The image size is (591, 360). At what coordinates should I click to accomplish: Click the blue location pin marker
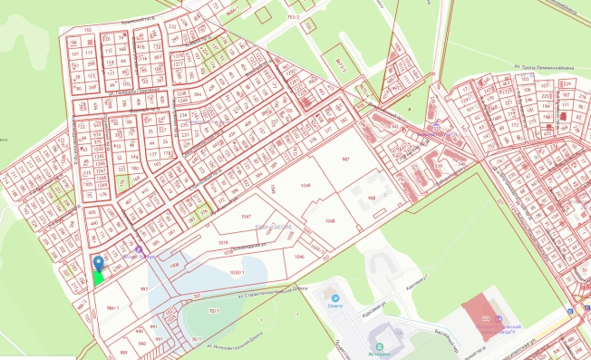(x=98, y=264)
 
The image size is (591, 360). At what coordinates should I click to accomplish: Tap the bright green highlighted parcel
(x=98, y=277)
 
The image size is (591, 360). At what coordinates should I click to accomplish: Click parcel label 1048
(x=330, y=220)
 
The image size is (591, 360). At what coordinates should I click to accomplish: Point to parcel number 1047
(x=247, y=218)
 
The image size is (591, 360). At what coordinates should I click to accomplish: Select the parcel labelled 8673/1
(x=341, y=63)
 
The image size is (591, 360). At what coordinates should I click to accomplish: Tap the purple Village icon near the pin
(x=139, y=252)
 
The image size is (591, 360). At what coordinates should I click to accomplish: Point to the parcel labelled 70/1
(x=213, y=311)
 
